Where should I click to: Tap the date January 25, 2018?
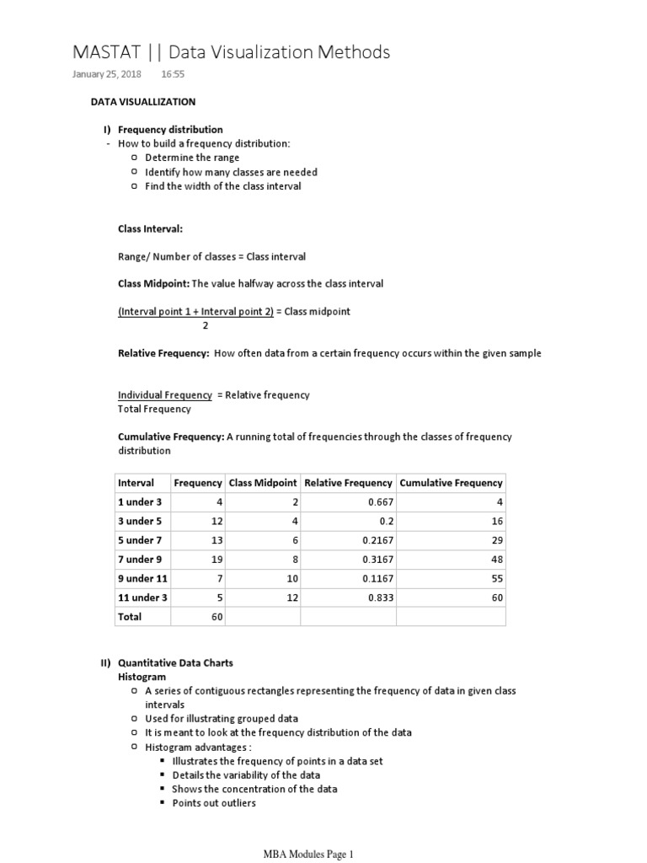pos(107,74)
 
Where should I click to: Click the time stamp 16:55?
pos(173,74)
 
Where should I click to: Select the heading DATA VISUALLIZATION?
pos(143,102)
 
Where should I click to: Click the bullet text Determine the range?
pos(192,158)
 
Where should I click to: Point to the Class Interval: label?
pos(150,228)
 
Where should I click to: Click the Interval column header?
pos(136,483)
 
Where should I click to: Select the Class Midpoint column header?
pos(263,483)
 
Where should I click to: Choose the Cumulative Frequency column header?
pos(451,483)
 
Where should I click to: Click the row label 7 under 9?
pos(140,559)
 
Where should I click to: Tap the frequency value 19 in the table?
pos(216,559)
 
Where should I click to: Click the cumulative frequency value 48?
pos(497,559)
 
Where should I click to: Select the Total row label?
pos(130,616)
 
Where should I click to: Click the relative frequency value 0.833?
pos(380,598)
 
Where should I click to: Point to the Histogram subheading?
pos(142,677)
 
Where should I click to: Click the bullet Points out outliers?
pos(214,803)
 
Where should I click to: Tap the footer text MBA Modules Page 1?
pos(310,854)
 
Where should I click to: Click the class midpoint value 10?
pos(292,578)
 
